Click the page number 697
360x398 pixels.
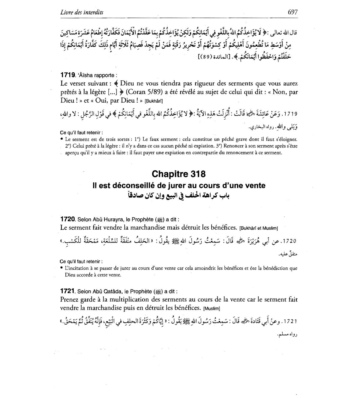click(x=292, y=12)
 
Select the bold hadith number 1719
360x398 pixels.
click(x=68, y=75)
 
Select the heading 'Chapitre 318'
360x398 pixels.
click(x=179, y=174)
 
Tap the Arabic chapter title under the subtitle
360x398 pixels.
click(x=179, y=196)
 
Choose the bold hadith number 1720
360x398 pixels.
click(x=68, y=219)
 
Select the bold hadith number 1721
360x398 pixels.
click(x=68, y=291)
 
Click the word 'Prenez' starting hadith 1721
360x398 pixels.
click(x=69, y=299)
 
